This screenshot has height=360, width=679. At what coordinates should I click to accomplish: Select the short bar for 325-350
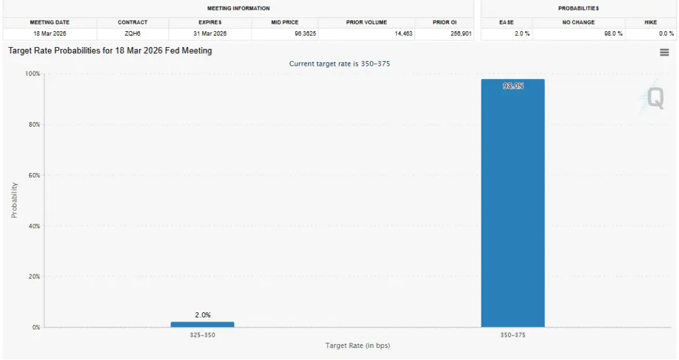coord(202,324)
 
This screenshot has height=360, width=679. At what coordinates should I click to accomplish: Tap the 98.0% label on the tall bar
coord(513,86)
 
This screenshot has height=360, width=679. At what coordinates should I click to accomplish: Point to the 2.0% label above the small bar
coord(203,315)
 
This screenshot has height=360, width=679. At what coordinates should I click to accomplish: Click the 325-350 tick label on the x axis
coord(202,335)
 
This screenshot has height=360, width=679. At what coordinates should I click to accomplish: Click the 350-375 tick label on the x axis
coord(513,335)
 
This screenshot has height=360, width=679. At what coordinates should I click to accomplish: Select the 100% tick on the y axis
coord(32,74)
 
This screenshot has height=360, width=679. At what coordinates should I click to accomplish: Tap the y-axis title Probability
coord(14,200)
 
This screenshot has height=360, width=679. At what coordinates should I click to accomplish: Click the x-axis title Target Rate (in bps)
coord(357,346)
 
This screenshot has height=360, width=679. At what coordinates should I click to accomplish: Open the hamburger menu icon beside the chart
coord(664,52)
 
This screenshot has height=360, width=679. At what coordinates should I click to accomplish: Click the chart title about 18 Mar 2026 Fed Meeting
coord(110,50)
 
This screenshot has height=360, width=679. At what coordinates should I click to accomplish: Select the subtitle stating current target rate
coord(339,64)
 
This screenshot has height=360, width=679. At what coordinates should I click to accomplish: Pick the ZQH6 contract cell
coord(133,34)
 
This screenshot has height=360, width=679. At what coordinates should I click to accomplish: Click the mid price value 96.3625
coord(300,34)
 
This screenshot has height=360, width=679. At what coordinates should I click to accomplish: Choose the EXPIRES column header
coord(210,23)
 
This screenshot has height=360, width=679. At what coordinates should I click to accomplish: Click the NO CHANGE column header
coord(578,23)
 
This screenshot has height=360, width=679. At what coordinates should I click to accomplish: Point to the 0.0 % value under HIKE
coord(666,34)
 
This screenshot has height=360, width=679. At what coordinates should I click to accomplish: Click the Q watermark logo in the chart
coord(654,99)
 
